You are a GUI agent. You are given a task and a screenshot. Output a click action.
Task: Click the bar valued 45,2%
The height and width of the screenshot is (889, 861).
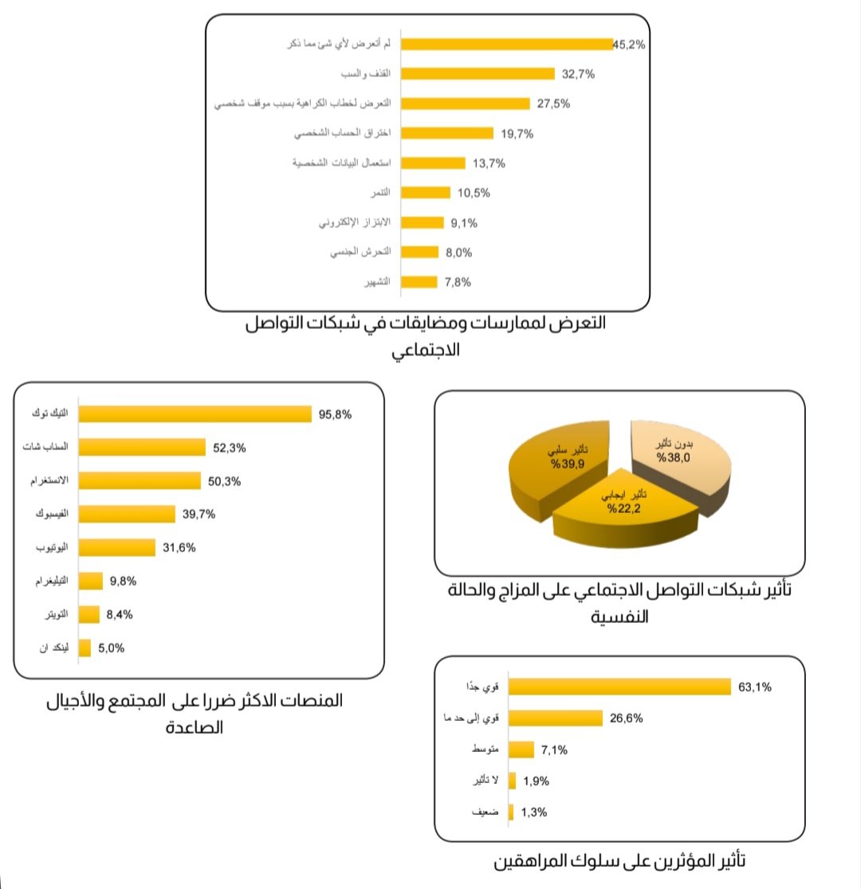pyautogui.click(x=505, y=45)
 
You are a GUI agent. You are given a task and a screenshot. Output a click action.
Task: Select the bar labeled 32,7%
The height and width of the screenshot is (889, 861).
pyautogui.click(x=477, y=74)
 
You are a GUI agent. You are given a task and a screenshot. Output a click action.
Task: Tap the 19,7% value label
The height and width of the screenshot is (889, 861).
pyautogui.click(x=517, y=134)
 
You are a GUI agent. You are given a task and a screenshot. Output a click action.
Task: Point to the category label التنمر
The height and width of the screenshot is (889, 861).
pyautogui.click(x=379, y=194)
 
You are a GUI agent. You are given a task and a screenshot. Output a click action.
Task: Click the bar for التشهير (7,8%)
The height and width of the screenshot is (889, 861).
pyautogui.click(x=419, y=282)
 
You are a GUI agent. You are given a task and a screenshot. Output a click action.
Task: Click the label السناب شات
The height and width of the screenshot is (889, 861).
pyautogui.click(x=49, y=448)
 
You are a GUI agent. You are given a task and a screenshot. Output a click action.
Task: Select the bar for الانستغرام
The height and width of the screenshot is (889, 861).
pyautogui.click(x=140, y=481)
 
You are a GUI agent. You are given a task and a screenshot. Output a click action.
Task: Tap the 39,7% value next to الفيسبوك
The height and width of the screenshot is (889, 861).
pyautogui.click(x=199, y=515)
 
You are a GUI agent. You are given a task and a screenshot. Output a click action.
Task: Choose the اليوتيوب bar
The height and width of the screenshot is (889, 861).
pyautogui.click(x=117, y=548)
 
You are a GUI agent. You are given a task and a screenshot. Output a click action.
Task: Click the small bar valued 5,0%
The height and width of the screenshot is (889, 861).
pyautogui.click(x=85, y=648)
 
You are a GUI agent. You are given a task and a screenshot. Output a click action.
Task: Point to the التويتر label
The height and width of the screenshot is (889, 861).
pyautogui.click(x=53, y=614)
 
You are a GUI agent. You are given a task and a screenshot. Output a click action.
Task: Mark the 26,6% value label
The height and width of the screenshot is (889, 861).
pyautogui.click(x=627, y=719)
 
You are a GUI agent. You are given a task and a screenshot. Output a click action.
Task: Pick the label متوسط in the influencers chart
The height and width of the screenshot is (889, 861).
pyautogui.click(x=486, y=750)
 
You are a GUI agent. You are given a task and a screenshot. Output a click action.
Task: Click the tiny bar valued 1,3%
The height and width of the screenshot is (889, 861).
pyautogui.click(x=511, y=813)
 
